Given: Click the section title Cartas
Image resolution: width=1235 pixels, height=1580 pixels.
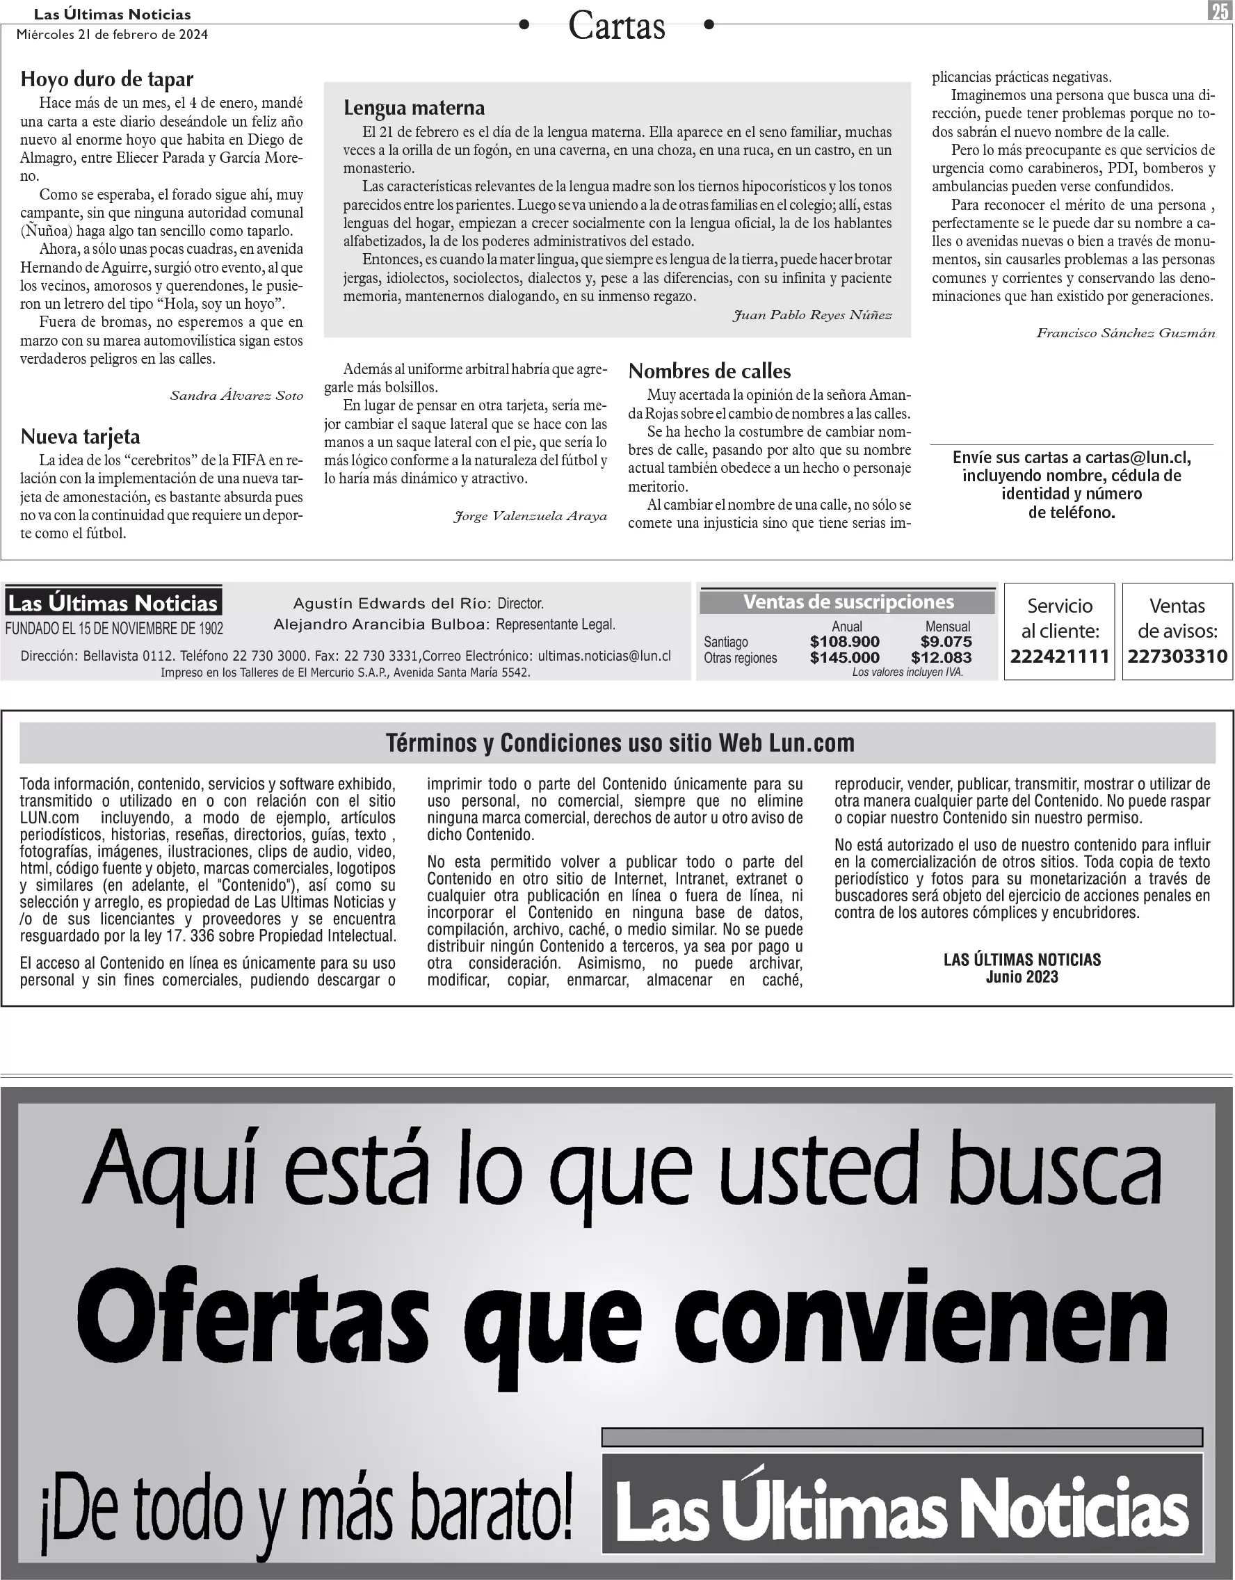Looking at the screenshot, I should (x=616, y=26).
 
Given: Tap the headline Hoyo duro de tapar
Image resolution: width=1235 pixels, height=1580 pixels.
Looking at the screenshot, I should (x=106, y=79).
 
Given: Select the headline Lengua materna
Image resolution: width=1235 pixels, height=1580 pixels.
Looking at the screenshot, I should (x=414, y=108).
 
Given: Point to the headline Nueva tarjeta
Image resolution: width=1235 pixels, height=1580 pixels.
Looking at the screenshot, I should (x=80, y=436).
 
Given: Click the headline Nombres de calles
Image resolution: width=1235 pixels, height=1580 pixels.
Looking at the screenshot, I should (x=709, y=371).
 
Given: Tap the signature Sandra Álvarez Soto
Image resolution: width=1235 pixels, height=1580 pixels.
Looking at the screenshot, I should (x=236, y=396).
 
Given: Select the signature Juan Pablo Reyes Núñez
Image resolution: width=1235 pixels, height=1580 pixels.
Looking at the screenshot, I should (x=812, y=316).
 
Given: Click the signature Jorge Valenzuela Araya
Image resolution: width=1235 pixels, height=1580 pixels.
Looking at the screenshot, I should (x=531, y=517).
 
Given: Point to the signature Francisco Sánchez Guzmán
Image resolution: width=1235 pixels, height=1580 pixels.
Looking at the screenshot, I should (x=1125, y=334).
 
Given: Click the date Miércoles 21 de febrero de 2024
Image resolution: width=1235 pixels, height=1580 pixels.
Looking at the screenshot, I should (x=112, y=35).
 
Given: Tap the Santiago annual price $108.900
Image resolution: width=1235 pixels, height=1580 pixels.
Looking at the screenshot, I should (x=844, y=642).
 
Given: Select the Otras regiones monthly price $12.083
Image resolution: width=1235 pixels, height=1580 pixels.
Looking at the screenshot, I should (x=942, y=658).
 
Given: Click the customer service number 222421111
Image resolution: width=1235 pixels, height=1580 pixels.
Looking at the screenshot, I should (x=1060, y=656).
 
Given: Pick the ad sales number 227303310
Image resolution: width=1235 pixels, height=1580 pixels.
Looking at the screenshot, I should (x=1177, y=656).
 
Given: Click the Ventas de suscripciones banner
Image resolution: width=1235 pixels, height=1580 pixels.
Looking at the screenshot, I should (x=848, y=602).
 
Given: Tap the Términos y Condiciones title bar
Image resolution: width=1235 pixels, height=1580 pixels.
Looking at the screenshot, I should (x=620, y=743).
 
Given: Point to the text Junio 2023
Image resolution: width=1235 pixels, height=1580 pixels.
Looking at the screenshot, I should (x=1022, y=977).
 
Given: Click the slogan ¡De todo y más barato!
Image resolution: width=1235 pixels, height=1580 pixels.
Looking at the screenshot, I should (x=307, y=1512).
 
